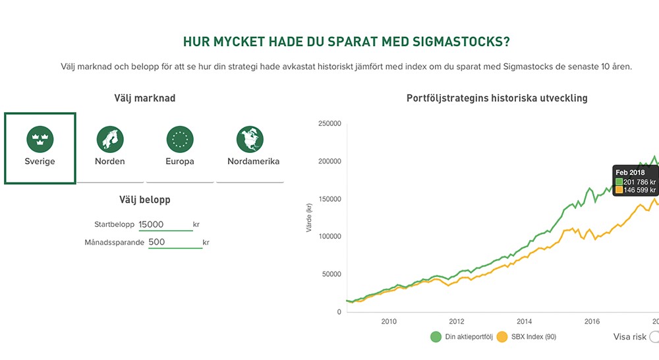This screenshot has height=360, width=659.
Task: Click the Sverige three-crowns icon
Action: (x=40, y=138)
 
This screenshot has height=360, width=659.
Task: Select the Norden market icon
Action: (x=110, y=138)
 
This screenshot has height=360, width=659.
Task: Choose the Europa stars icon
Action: (x=180, y=138)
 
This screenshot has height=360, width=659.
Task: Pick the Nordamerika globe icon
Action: (x=250, y=138)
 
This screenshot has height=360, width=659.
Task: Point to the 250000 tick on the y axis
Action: (x=329, y=123)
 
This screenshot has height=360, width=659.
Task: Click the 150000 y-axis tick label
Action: (x=329, y=199)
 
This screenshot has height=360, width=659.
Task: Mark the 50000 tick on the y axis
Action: (x=331, y=274)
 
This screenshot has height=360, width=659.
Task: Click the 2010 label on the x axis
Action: (x=389, y=322)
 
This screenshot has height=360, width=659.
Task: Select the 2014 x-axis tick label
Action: (x=524, y=322)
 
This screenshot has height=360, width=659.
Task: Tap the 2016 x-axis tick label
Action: (x=592, y=322)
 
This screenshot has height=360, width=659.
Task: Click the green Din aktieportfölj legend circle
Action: (x=436, y=337)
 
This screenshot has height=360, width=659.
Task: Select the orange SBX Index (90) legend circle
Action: (x=502, y=337)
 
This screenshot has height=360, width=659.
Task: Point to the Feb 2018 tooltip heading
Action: (x=631, y=172)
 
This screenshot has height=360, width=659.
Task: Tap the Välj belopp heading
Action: (x=145, y=199)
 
